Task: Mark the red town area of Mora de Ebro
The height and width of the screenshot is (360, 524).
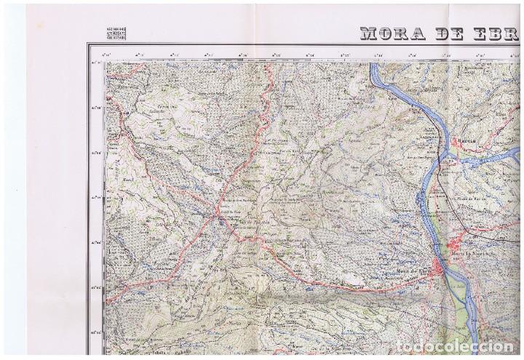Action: [x=440, y=266]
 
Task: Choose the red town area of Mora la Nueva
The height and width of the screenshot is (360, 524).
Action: [x=459, y=246]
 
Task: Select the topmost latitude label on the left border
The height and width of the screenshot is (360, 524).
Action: [x=95, y=63]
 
